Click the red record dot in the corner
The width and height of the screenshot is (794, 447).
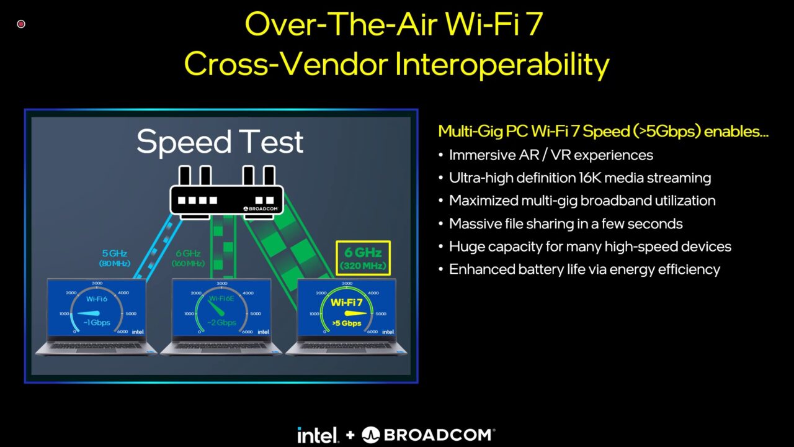(x=21, y=24)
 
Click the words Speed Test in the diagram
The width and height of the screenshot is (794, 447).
(x=220, y=142)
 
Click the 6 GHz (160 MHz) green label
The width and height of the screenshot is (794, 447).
(x=188, y=258)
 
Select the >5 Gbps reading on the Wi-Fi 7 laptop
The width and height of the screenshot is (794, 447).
(x=346, y=323)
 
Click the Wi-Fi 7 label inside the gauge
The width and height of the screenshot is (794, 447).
(x=346, y=303)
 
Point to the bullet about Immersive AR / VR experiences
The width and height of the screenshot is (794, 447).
(x=551, y=155)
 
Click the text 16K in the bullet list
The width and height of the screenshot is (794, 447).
(x=592, y=178)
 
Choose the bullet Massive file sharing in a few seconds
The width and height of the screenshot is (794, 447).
(x=566, y=223)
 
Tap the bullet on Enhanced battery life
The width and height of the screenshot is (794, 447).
(x=584, y=269)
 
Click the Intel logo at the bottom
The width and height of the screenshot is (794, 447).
(x=318, y=435)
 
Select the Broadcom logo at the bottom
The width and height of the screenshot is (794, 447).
(x=428, y=435)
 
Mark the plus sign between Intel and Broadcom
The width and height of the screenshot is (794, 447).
(x=350, y=435)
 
